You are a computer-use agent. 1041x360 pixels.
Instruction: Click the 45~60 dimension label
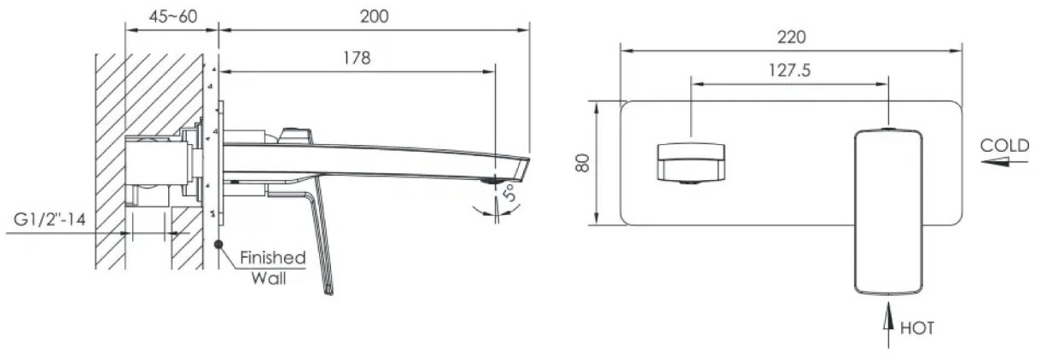point(173,16)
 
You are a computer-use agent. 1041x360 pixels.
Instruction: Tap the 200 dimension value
point(374,17)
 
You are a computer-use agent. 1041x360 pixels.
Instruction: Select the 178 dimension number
point(357,58)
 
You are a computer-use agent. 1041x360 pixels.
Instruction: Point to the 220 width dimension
point(792,37)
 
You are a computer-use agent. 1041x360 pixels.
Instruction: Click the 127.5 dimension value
point(789,70)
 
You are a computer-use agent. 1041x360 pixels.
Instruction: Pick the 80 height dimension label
point(582,163)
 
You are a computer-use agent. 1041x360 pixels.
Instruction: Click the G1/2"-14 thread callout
point(49,218)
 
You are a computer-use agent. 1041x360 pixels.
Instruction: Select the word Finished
point(273,258)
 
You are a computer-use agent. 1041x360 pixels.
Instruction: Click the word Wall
point(269,278)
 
